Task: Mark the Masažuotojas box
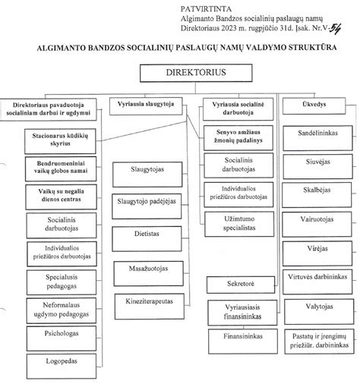[x=148, y=269]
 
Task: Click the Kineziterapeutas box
[x=148, y=302]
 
